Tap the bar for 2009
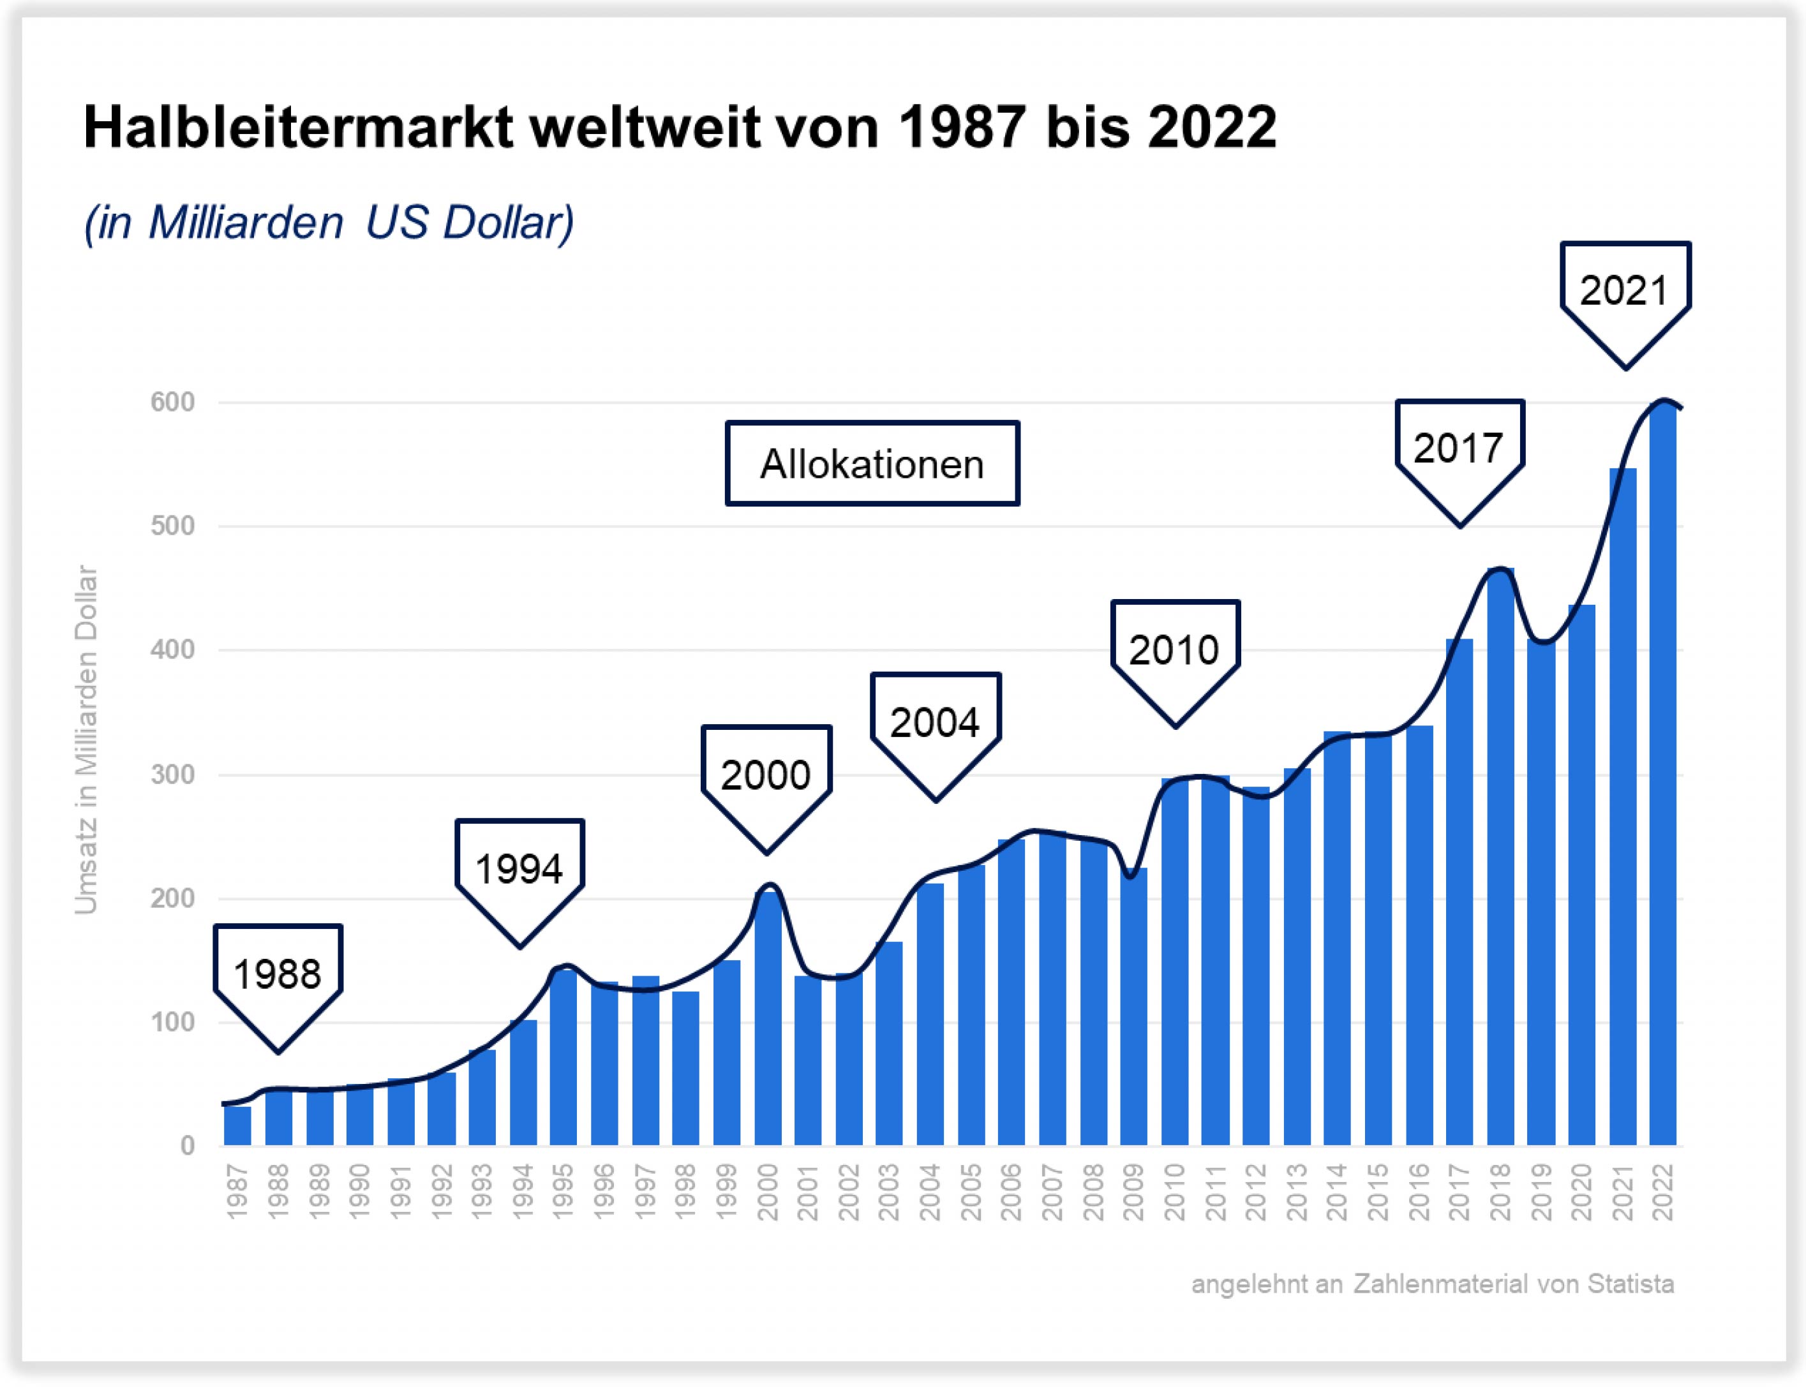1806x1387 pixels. click(x=1134, y=1007)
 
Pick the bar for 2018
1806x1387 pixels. click(x=1500, y=859)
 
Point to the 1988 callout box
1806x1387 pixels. click(x=278, y=974)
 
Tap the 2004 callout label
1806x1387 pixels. click(x=935, y=722)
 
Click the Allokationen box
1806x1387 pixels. click(x=872, y=464)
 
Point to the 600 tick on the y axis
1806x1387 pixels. click(x=172, y=403)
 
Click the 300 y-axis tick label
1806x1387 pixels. click(x=172, y=775)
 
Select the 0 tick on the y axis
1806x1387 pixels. click(x=188, y=1146)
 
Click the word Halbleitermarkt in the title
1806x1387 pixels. click(x=297, y=128)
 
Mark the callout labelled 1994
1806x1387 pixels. click(x=519, y=868)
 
